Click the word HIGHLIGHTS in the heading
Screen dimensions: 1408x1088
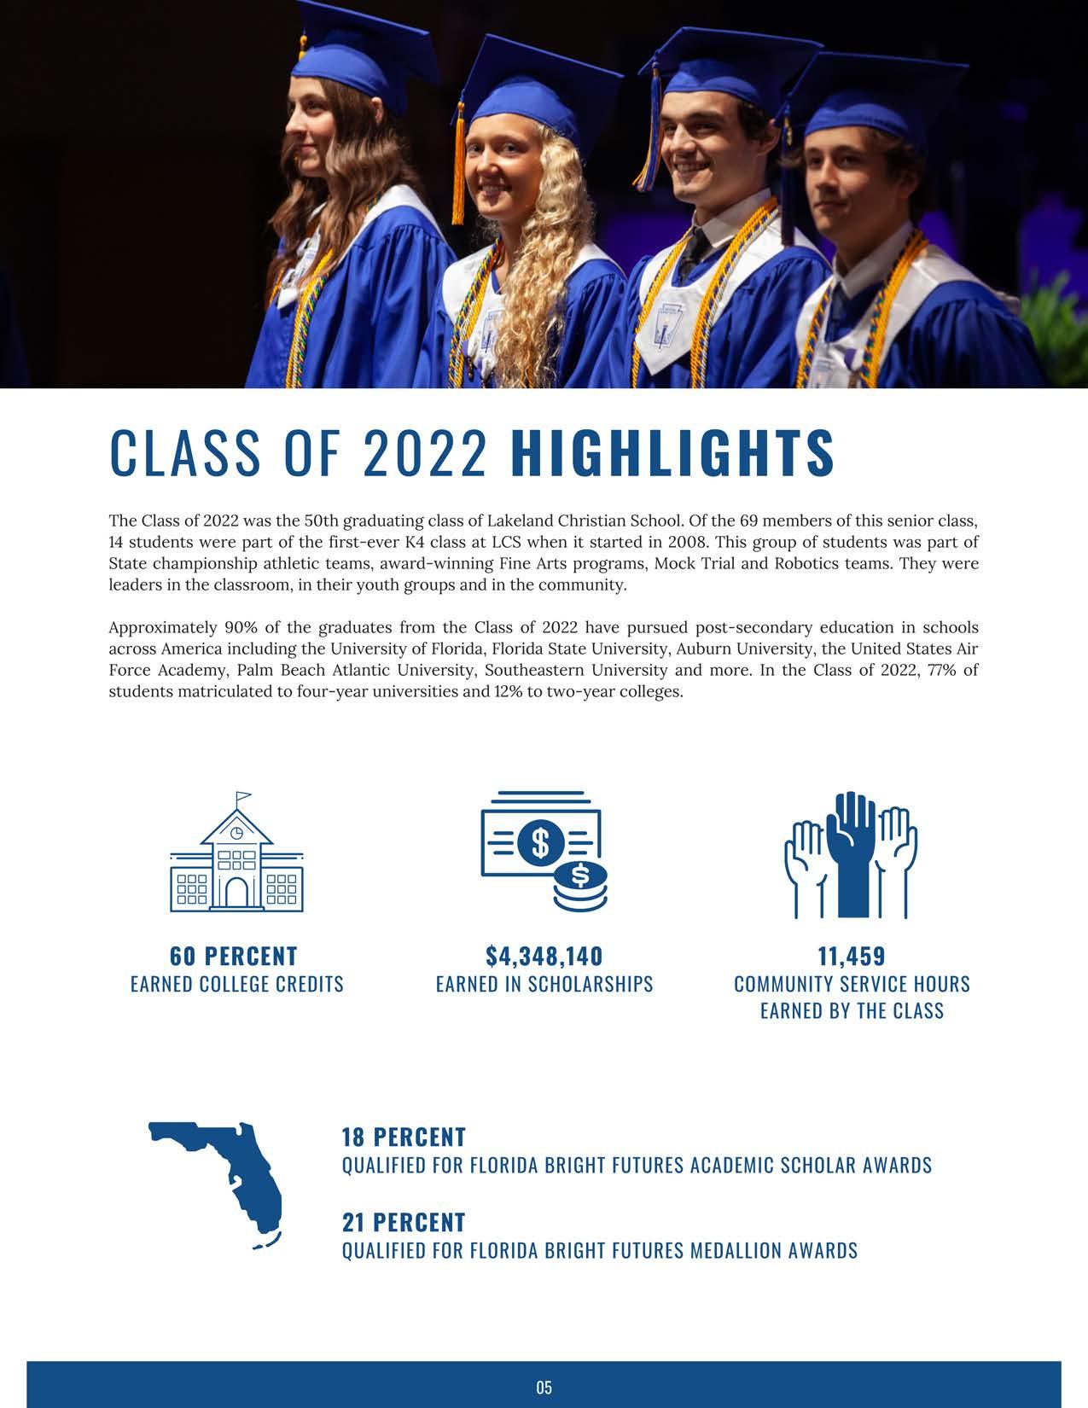672,452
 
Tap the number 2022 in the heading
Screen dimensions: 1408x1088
425,452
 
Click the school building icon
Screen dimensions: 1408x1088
237,853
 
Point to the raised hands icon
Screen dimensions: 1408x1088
851,854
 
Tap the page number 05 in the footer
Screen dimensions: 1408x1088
544,1388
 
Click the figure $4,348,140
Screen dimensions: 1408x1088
544,956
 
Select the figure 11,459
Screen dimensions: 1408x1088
852,956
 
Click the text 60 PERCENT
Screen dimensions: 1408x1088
234,956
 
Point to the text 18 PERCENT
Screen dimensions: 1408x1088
404,1137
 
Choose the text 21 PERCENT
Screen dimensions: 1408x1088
404,1223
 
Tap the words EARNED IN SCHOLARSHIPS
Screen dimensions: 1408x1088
544,984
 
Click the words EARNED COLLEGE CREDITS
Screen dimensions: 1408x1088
237,984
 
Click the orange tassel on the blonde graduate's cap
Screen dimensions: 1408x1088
458,171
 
